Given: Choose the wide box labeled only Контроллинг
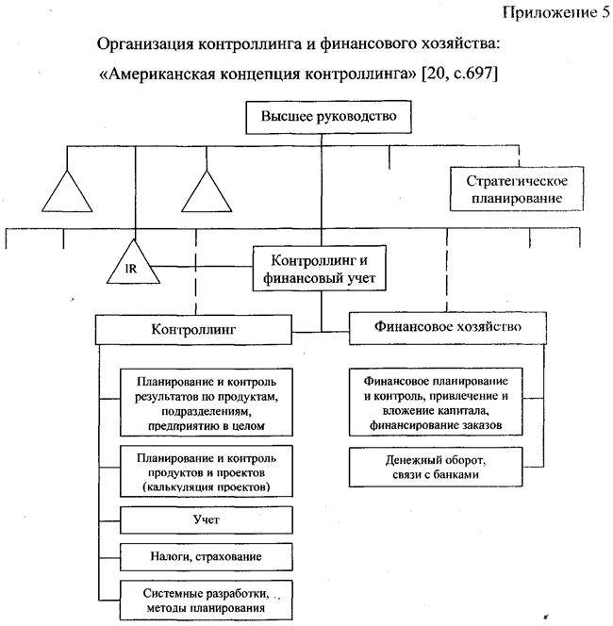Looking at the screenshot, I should coord(192,329).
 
